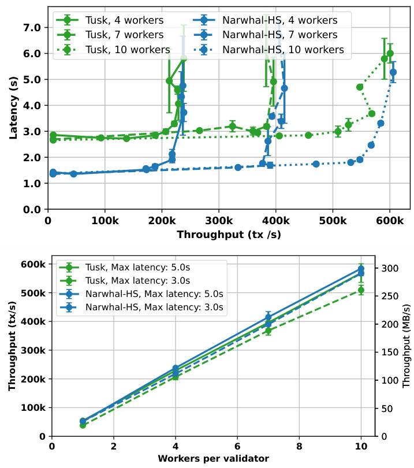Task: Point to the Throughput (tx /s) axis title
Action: [x=229, y=235]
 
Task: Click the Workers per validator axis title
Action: [x=213, y=459]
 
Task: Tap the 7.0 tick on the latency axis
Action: [x=32, y=27]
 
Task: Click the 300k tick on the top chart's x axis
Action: [x=218, y=221]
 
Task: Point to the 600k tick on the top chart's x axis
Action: [x=388, y=221]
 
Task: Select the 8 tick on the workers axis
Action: [x=299, y=446]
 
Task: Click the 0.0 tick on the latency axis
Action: [x=32, y=209]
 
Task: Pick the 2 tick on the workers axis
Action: [x=114, y=446]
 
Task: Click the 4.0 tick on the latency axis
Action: [x=32, y=105]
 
